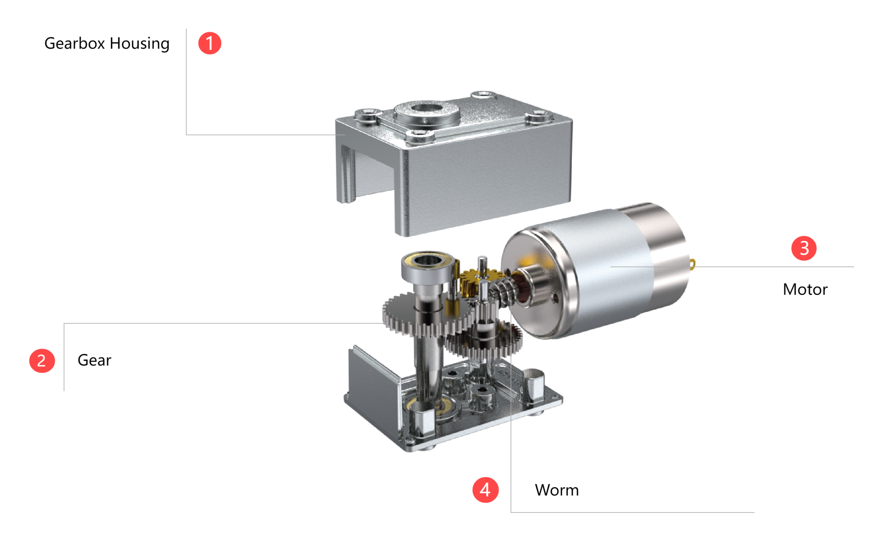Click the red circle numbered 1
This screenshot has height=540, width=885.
click(x=210, y=43)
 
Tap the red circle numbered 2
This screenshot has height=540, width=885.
click(x=42, y=361)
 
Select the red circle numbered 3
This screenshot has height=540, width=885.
click(x=804, y=248)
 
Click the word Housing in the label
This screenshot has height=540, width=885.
click(x=139, y=44)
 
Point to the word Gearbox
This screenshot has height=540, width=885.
click(x=75, y=43)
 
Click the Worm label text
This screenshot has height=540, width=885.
click(x=557, y=490)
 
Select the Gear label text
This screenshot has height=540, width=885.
click(x=95, y=360)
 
